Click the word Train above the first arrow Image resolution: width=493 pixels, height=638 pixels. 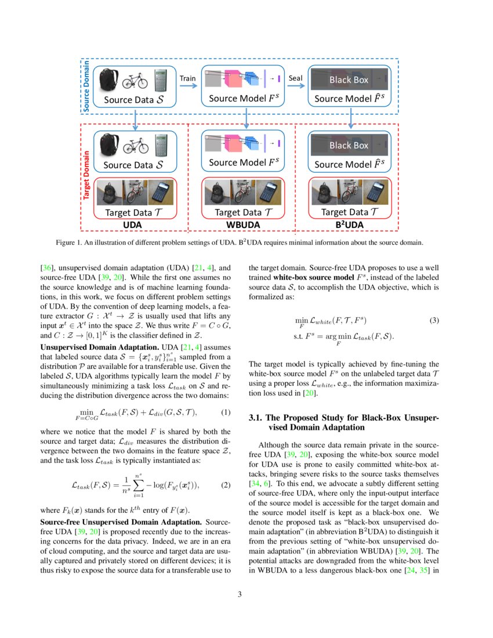[x=187, y=78]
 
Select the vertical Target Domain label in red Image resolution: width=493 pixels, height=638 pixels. [x=86, y=176]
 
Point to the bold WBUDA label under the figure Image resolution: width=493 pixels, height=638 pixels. [x=242, y=224]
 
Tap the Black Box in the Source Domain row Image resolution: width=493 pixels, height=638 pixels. [x=349, y=79]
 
